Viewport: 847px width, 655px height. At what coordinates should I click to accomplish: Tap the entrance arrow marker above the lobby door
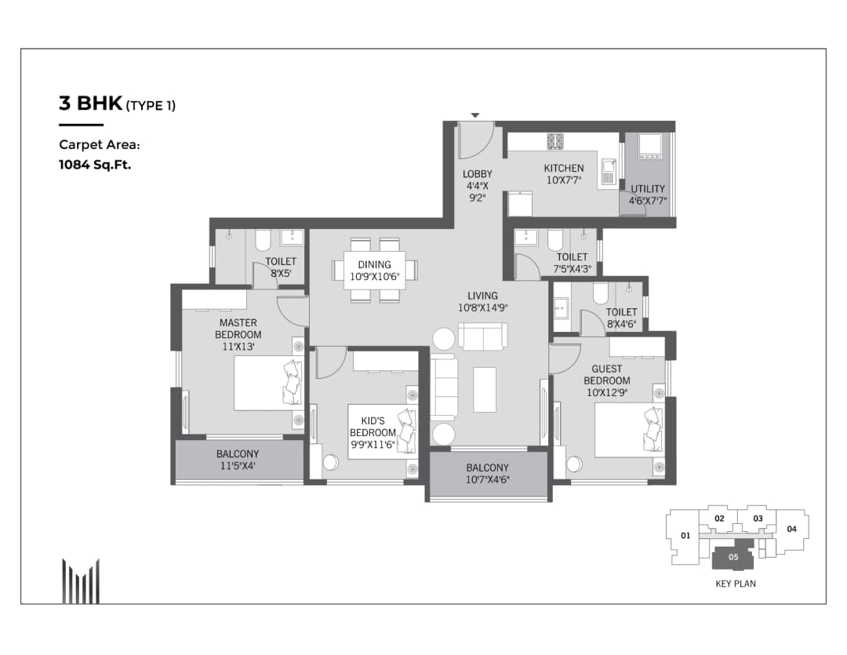[x=474, y=116]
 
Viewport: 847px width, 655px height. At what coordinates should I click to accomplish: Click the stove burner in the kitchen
[x=556, y=141]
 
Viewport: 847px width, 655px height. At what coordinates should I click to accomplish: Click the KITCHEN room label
[x=564, y=168]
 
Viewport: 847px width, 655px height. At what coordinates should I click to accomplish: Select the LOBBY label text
[x=478, y=174]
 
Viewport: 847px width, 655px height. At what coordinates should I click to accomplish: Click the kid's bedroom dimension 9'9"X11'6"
[x=373, y=445]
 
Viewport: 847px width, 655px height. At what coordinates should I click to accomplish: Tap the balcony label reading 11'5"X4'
[x=237, y=467]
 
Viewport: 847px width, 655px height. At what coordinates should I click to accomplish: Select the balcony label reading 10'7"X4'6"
[x=487, y=479]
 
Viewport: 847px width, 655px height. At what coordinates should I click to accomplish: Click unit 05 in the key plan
[x=733, y=557]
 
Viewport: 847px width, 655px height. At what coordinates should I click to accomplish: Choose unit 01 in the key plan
[x=685, y=537]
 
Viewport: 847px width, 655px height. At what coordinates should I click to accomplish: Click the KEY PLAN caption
[x=736, y=584]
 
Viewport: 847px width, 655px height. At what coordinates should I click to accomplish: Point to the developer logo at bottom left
[x=81, y=580]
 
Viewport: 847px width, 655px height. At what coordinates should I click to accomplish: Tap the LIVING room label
[x=482, y=296]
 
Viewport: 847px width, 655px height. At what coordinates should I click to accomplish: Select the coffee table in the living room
[x=485, y=389]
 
